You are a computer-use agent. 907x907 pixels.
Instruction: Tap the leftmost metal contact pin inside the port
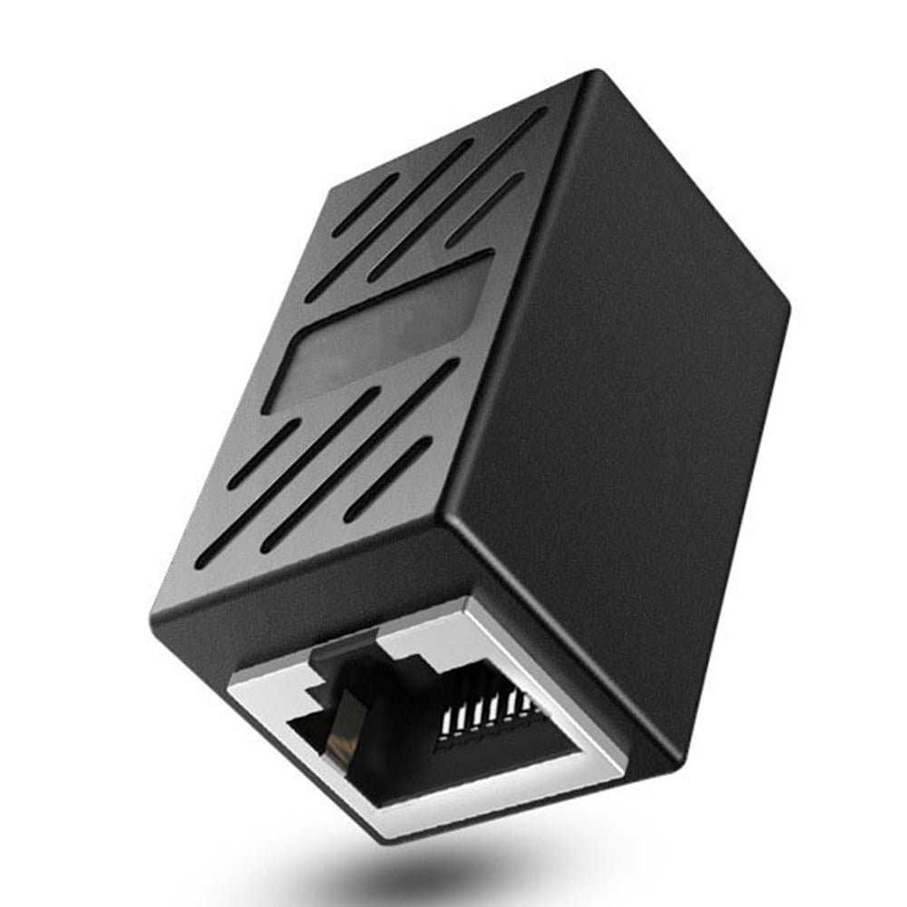pos(444,720)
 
